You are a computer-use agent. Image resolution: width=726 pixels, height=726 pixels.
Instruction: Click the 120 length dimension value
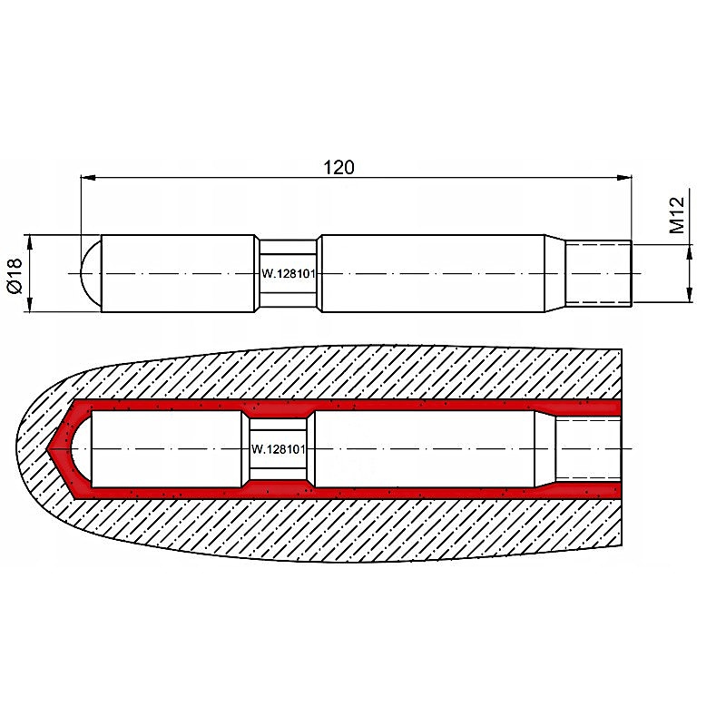pyautogui.click(x=338, y=168)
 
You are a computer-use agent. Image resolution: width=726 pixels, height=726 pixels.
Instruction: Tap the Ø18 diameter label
pyautogui.click(x=15, y=276)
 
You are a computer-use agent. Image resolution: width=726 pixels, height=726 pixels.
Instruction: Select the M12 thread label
pyautogui.click(x=677, y=215)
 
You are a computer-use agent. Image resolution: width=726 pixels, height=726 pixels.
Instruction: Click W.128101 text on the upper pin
pyautogui.click(x=289, y=274)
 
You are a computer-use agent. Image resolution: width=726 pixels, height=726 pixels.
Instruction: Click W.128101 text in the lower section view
pyautogui.click(x=279, y=449)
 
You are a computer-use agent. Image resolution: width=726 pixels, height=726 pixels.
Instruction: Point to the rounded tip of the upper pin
pyautogui.click(x=91, y=273)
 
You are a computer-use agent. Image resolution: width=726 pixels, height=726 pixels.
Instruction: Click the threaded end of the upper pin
pyautogui.click(x=598, y=273)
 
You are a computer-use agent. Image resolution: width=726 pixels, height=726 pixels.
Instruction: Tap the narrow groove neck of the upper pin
pyautogui.click(x=288, y=273)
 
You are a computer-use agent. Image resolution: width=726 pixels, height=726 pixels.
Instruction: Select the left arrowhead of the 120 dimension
pyautogui.click(x=88, y=177)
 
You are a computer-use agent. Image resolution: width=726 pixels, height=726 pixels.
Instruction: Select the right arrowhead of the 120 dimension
pyautogui.click(x=624, y=177)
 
